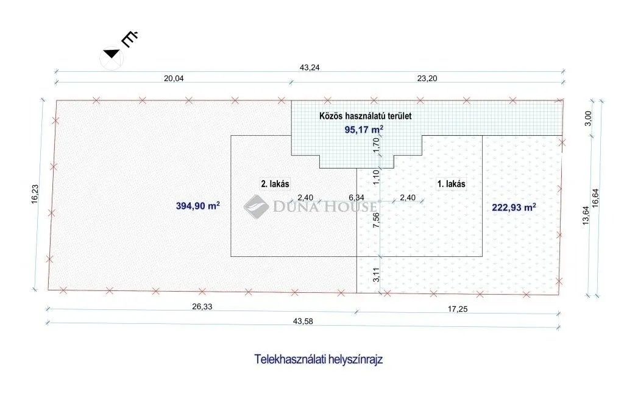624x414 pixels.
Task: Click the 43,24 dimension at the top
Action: (x=309, y=68)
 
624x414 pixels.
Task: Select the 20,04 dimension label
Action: (x=174, y=79)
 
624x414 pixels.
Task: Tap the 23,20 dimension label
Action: (x=427, y=79)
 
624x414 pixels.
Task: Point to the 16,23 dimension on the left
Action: (x=35, y=194)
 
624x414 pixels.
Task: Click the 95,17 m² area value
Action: (x=364, y=129)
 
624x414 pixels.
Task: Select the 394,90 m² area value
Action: (x=198, y=206)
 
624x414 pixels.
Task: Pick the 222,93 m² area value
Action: (x=514, y=207)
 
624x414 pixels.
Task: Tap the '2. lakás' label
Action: (x=275, y=184)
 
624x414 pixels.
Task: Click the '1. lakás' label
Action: (x=452, y=184)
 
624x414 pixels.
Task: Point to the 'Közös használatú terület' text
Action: (x=366, y=116)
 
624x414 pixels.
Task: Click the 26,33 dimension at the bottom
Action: (x=202, y=307)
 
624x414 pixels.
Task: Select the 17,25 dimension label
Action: (x=458, y=309)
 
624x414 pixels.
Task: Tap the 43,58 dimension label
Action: (x=303, y=321)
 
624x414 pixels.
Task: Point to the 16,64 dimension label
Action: (x=595, y=198)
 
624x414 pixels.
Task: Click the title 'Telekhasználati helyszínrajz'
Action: (x=318, y=360)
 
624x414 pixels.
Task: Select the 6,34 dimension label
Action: (x=356, y=198)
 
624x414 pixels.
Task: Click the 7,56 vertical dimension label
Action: (x=376, y=220)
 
